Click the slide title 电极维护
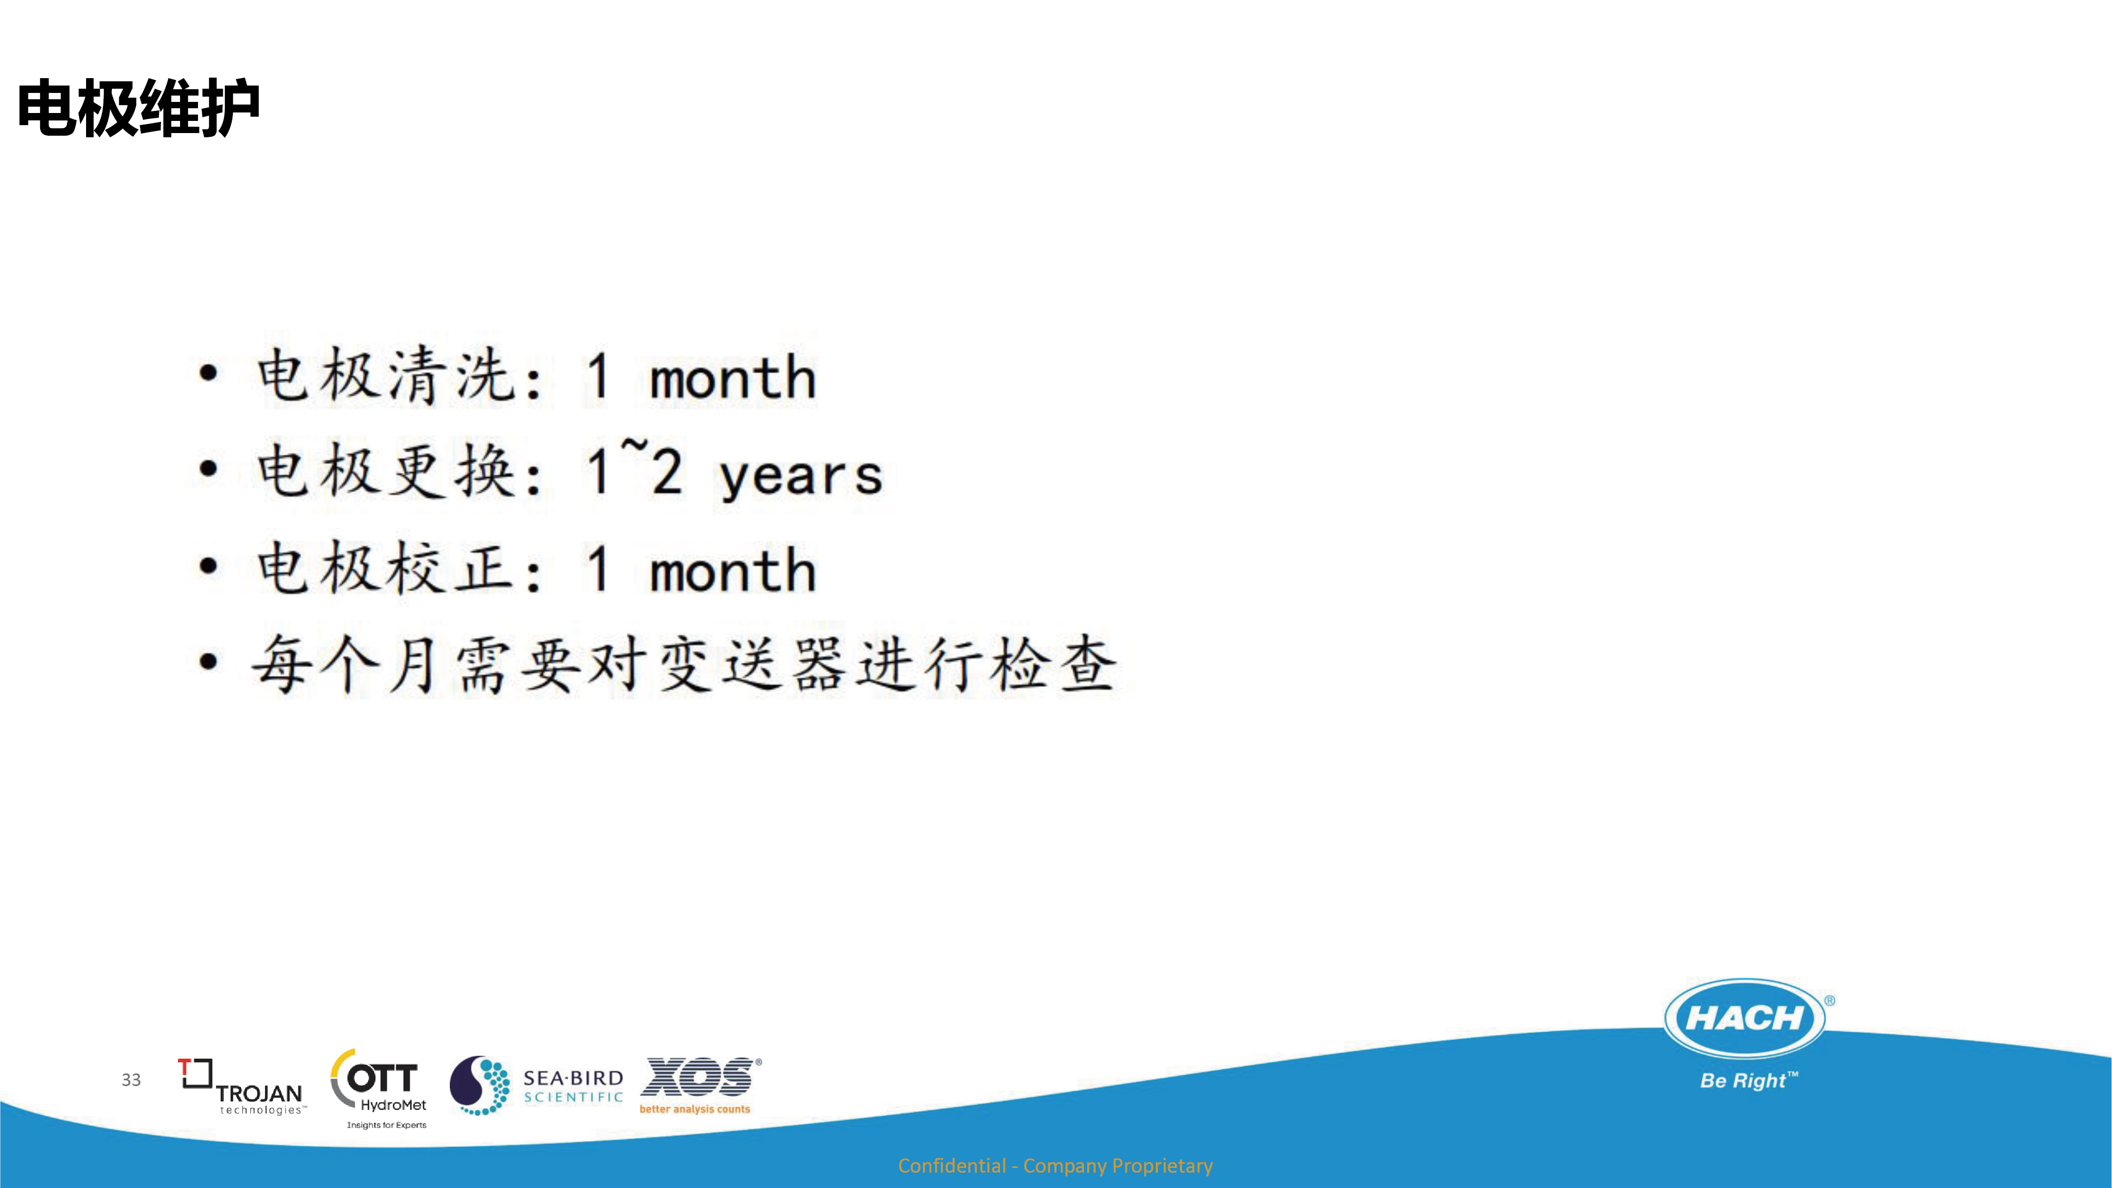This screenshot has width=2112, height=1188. (138, 108)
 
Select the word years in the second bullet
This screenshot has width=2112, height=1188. (800, 476)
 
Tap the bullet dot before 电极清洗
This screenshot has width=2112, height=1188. (209, 373)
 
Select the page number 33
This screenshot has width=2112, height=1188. (131, 1080)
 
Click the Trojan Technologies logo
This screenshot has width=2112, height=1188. (242, 1086)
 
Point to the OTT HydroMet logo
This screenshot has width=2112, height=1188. (380, 1089)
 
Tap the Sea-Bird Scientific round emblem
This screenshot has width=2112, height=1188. (479, 1086)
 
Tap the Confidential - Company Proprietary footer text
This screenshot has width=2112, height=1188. (1055, 1166)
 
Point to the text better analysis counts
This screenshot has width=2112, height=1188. (694, 1109)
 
